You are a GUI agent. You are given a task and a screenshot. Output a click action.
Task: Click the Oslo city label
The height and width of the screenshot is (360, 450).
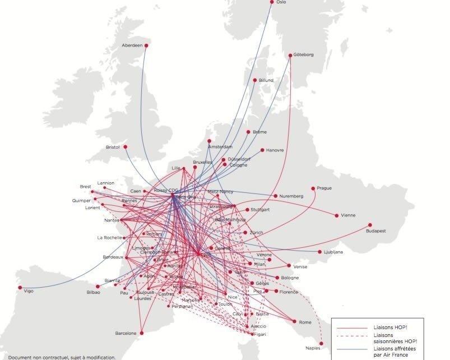point(281,2)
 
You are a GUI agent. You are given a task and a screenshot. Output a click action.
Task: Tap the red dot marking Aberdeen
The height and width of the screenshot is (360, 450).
point(146,45)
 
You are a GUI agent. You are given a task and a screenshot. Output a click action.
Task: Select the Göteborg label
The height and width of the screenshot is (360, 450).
point(304,55)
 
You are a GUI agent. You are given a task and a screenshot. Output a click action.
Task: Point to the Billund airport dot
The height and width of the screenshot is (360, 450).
point(255,80)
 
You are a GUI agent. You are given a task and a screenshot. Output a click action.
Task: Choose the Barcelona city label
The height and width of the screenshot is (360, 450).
point(126,333)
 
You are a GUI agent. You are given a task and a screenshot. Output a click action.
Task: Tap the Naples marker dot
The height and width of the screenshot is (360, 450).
point(322,343)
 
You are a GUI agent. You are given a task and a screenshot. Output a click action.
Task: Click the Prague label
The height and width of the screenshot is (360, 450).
point(324,188)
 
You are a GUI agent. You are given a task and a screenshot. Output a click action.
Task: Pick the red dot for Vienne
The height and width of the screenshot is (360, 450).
point(337,215)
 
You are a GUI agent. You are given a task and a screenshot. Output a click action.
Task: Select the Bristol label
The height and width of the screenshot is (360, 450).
point(113,147)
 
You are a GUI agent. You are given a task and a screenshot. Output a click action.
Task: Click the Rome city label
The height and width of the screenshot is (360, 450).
point(305,322)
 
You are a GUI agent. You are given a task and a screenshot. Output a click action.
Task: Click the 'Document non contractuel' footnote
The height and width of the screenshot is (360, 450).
point(62,357)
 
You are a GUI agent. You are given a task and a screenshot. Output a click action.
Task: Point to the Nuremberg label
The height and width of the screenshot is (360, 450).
point(291,196)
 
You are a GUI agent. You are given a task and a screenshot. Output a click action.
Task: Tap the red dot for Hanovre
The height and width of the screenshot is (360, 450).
point(262,150)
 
